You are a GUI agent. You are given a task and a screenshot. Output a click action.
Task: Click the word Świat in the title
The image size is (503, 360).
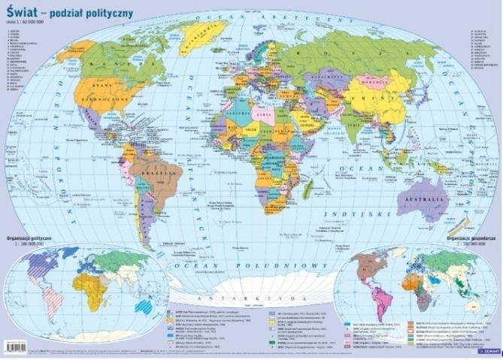[22, 13]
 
